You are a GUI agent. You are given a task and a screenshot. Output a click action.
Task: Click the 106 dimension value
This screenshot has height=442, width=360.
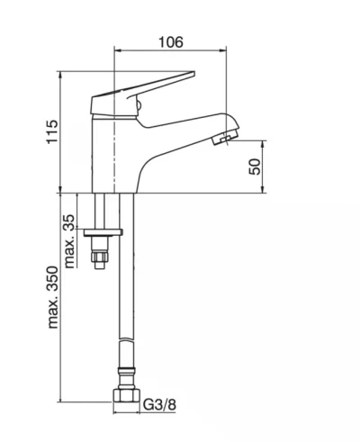170,42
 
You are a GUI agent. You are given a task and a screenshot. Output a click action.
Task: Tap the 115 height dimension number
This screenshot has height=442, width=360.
52,132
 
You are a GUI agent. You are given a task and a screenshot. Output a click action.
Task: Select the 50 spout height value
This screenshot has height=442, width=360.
256,167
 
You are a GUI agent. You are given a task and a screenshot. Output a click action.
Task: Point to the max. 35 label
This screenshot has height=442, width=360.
69,241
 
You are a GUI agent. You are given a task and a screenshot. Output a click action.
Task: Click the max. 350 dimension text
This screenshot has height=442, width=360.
53,297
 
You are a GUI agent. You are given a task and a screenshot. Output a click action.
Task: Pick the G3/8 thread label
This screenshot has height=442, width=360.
159,405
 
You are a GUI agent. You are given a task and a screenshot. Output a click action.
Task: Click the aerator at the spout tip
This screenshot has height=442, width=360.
224,138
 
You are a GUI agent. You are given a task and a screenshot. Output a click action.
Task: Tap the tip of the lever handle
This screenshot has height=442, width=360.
194,72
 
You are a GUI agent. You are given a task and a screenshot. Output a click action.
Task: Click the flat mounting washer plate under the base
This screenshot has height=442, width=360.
103,232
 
